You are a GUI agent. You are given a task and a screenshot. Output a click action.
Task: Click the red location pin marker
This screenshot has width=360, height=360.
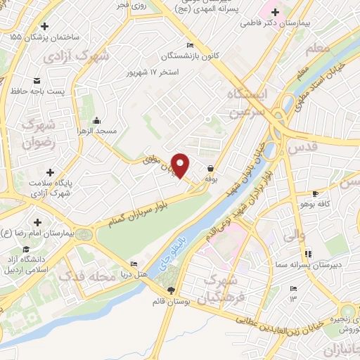coord(181,165)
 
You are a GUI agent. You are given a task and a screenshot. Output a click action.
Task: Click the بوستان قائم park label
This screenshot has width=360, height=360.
coord(169,302)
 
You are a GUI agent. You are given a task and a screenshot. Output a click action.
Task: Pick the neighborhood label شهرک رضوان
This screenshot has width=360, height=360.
coord(37,134)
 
